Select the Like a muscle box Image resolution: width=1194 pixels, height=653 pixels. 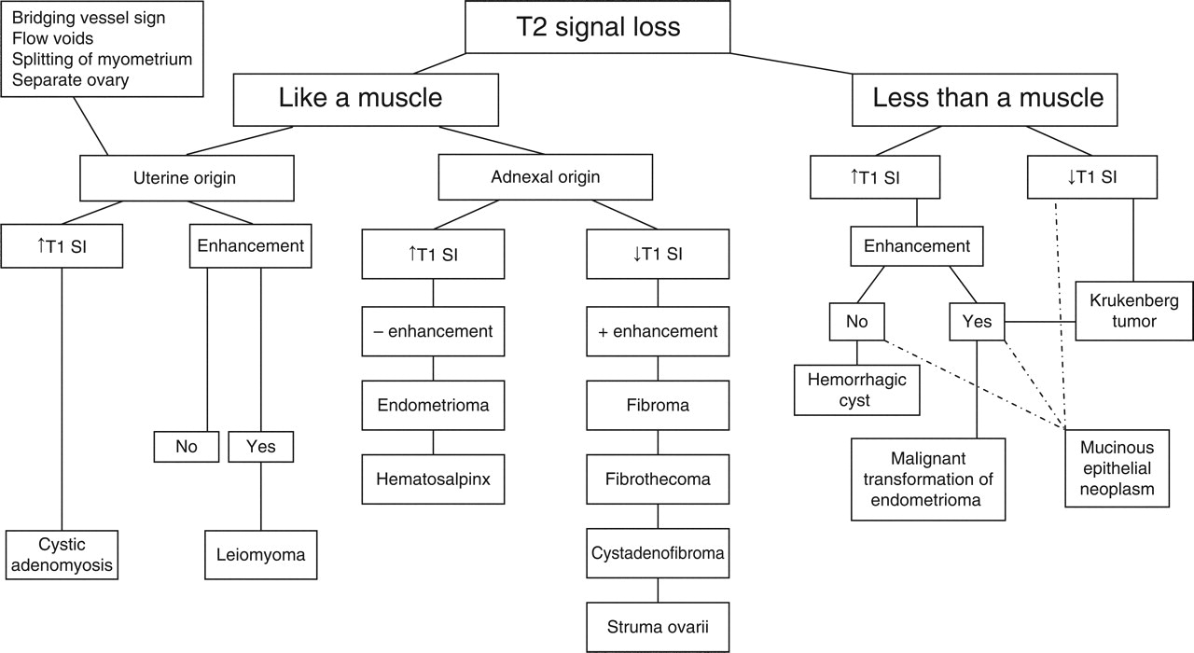coord(360,98)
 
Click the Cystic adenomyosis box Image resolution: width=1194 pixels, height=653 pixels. coord(62,553)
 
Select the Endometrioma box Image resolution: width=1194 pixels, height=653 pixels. coord(433,405)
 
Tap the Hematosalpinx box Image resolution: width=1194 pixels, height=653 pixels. coord(433,479)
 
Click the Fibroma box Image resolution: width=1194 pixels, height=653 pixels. coord(658,405)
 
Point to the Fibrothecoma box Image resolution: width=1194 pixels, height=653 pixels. coord(658,479)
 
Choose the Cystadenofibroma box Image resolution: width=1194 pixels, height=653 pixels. coord(658,553)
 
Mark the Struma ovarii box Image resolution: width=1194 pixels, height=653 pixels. coord(658,628)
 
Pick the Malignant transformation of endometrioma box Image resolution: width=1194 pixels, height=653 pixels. coord(929,479)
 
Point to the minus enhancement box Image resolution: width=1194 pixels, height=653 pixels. coord(433,330)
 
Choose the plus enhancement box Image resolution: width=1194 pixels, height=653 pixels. coord(658,330)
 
